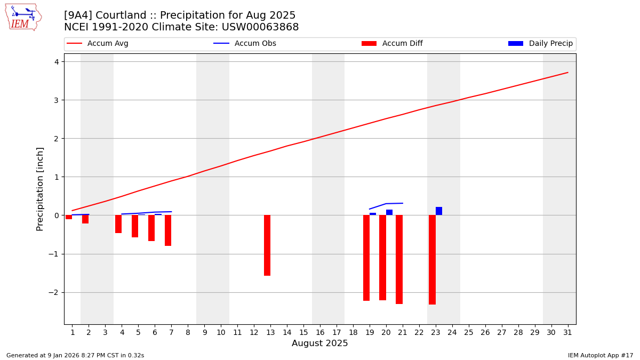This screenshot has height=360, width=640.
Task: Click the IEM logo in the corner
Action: pos(23,17)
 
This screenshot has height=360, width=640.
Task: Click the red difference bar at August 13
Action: pos(267,245)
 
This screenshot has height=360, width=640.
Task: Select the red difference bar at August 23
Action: pos(432,260)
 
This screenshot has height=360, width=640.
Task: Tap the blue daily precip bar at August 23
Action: pos(439,211)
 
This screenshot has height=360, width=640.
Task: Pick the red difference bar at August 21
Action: pos(399,259)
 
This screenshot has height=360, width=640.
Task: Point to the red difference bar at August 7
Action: pos(168,230)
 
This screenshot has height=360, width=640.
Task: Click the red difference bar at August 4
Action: pos(118,224)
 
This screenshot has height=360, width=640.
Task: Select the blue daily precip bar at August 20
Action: pos(389,212)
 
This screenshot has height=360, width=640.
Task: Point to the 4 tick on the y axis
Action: pos(57,62)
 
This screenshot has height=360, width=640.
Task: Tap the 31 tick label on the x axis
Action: pos(567,332)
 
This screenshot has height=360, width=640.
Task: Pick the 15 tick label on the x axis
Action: pos(303,332)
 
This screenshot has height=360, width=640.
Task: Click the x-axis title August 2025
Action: pos(319,343)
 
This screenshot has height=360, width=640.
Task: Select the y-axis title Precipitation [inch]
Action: pos(40,189)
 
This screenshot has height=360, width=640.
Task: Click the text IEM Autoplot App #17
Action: pos(600,355)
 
